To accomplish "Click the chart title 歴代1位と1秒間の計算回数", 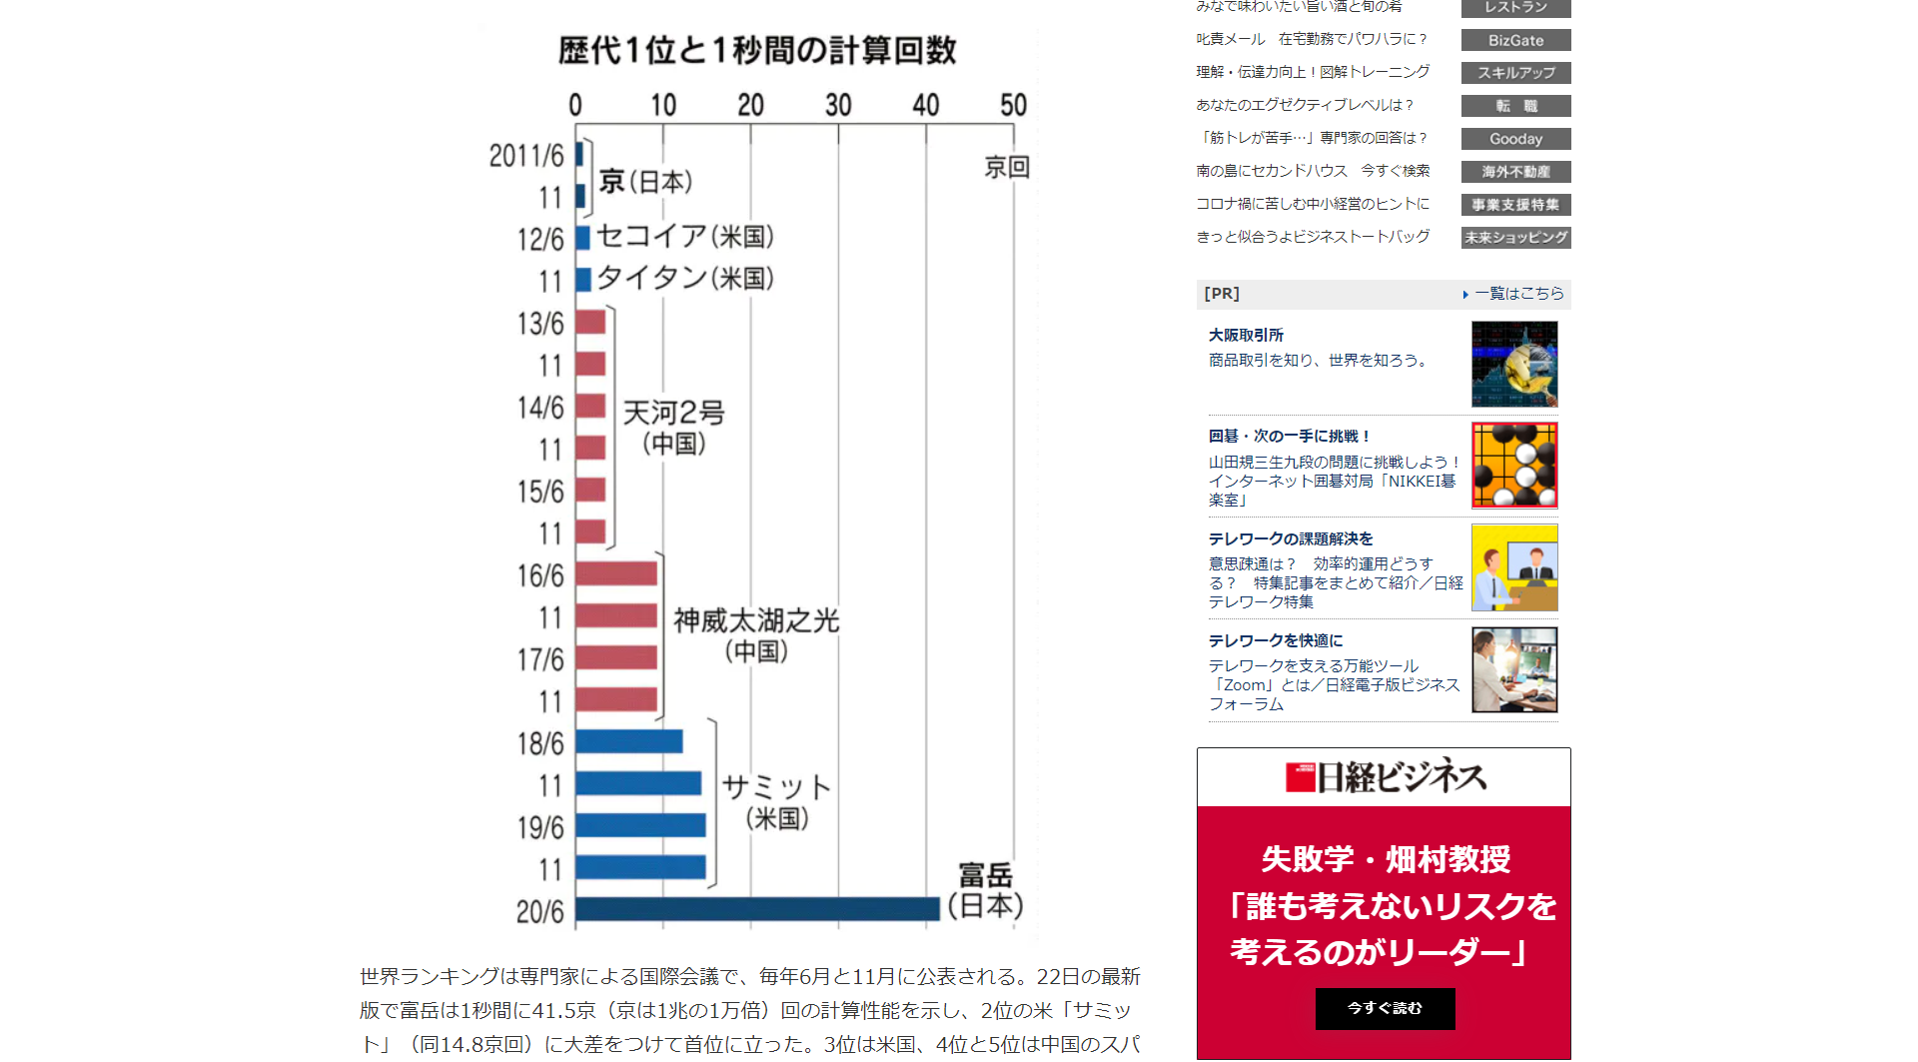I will click(x=757, y=50).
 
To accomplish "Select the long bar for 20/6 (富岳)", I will click(x=757, y=909).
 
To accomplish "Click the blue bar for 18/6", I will click(x=629, y=741).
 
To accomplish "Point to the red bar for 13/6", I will click(x=590, y=322).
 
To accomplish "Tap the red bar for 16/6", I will click(x=616, y=573).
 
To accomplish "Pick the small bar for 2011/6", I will click(x=579, y=154).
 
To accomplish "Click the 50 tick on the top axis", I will click(x=1013, y=105).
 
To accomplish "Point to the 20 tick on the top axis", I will click(x=750, y=105).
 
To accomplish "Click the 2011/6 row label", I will click(x=526, y=156).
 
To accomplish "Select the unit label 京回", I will click(x=1006, y=167).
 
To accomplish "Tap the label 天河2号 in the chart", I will click(x=674, y=412).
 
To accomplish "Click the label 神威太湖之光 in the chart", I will click(x=756, y=620).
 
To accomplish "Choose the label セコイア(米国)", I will click(x=685, y=236).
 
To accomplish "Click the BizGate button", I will click(x=1515, y=40).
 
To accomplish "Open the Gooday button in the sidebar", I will click(x=1515, y=139).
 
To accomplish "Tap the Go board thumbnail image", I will click(x=1514, y=465).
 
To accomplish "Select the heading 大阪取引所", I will click(x=1246, y=335).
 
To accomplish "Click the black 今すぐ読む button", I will click(x=1385, y=1008).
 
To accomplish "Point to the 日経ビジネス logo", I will click(x=1385, y=777).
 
